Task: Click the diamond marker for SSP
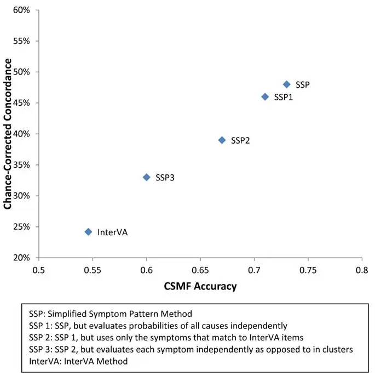(286, 84)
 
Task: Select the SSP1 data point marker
(265, 96)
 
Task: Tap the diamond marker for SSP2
(222, 140)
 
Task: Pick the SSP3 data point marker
(146, 177)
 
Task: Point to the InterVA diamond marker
(88, 232)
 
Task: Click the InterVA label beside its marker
(112, 232)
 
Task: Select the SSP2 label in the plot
(240, 140)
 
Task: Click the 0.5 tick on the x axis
(39, 270)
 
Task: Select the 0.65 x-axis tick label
(200, 270)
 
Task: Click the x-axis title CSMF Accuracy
(200, 286)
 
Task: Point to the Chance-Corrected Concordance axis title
(8, 134)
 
